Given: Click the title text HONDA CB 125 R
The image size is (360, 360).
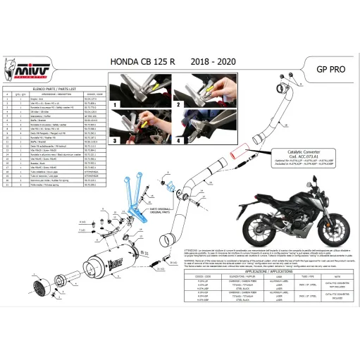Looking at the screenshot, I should (145, 61).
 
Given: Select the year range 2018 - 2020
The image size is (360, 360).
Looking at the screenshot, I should (215, 61).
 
